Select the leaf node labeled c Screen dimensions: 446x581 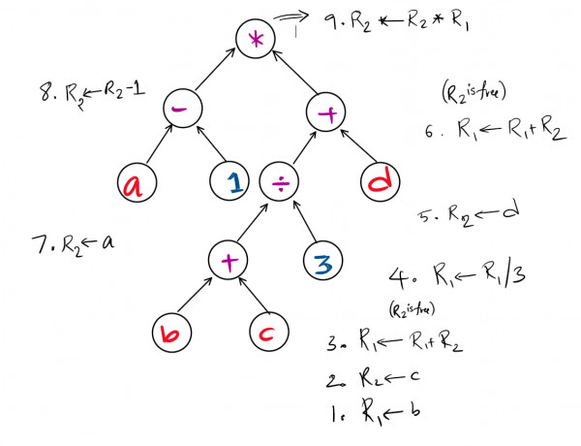point(266,336)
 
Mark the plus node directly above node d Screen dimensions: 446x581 point(326,114)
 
